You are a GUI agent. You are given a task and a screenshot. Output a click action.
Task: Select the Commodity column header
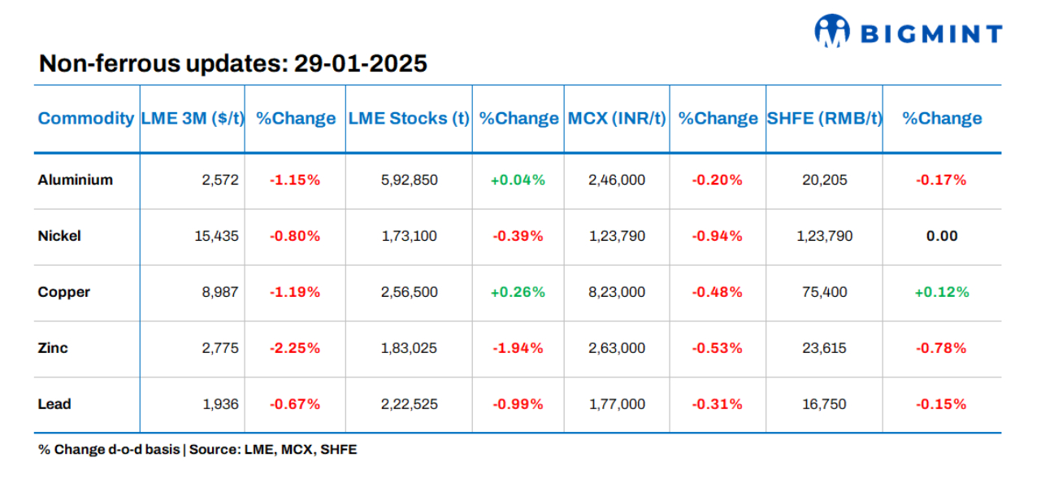pos(86,119)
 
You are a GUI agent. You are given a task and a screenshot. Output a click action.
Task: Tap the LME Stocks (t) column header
pos(409,119)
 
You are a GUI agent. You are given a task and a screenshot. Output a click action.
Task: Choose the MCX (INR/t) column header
pos(617,119)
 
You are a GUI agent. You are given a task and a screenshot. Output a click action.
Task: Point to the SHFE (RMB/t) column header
pos(824,119)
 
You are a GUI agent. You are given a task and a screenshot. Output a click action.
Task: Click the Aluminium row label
pos(76,180)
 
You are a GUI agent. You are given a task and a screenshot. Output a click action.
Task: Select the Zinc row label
pos(53,348)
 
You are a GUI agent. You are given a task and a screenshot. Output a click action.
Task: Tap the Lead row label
pos(54,404)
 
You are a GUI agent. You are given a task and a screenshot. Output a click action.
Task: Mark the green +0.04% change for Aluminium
pos(518,180)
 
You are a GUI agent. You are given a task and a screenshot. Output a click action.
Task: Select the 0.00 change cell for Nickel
pos(942,236)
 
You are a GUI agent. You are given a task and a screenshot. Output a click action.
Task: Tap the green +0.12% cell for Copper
pos(942,292)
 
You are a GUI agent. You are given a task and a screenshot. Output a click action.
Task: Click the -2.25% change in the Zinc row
pos(295,348)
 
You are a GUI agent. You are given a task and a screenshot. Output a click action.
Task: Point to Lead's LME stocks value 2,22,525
pos(409,404)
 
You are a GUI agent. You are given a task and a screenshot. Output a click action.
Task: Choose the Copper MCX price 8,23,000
pos(617,292)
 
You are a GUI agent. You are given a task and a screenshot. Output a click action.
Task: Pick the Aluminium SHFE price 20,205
pos(824,180)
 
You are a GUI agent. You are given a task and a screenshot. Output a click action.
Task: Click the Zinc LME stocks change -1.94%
pos(518,348)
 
